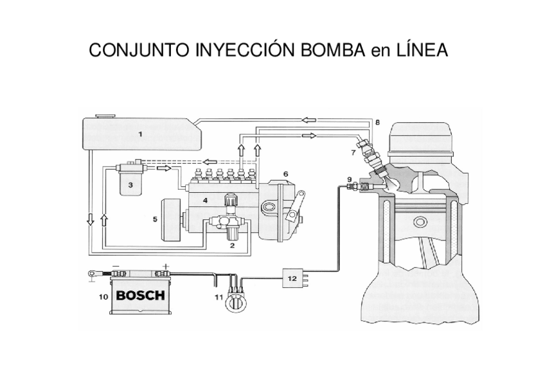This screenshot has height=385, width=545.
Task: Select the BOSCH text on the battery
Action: pos(140,296)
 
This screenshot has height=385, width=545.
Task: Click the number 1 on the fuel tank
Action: pos(140,134)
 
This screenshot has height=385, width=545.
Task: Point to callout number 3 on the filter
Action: pos(130,184)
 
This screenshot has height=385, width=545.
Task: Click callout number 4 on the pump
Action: pos(205,201)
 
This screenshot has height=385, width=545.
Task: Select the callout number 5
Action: pos(155,219)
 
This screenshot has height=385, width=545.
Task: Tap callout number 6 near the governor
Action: pos(285,174)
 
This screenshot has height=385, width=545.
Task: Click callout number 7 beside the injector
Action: pos(353,153)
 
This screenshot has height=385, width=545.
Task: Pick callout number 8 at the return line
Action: pos(377,121)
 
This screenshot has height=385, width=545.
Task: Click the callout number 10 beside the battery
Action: pos(103,297)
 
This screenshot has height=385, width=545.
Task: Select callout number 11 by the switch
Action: pos(219,297)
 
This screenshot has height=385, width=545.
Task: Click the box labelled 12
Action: pos(292,278)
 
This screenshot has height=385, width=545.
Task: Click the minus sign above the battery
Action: pos(116,265)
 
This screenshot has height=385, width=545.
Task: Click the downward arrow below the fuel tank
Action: pos(91,221)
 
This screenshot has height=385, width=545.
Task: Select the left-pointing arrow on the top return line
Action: pos(309,120)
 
